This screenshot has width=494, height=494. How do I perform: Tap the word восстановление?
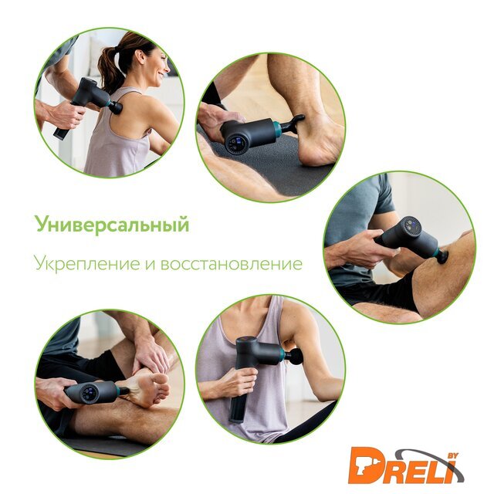[232, 265]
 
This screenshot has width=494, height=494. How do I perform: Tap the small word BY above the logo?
[453, 455]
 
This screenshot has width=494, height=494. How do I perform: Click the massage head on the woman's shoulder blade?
[116, 108]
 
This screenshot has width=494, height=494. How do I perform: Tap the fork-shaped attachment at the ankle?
[293, 123]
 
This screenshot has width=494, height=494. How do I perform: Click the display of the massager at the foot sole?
[90, 392]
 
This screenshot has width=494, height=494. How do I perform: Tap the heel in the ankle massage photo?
[310, 155]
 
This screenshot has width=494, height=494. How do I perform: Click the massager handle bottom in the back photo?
[61, 134]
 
